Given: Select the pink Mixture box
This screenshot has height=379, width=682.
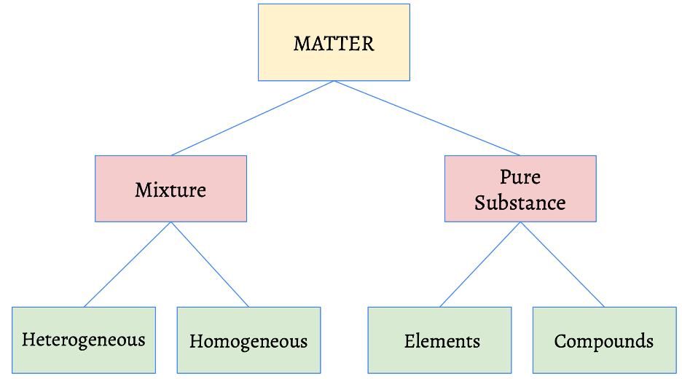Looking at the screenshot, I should (170, 208).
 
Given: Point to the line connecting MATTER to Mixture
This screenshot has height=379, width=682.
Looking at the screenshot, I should (252, 118).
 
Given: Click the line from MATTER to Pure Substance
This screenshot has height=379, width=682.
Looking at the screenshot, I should (427, 118).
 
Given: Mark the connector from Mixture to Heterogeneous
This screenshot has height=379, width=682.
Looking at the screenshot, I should (128, 265).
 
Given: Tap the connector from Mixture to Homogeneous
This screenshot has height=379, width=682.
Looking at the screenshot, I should (210, 265).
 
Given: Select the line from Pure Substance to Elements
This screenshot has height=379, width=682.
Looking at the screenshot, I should (480, 265).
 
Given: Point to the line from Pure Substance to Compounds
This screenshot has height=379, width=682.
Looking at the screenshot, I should (562, 265).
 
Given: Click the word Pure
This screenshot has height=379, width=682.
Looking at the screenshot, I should (520, 177).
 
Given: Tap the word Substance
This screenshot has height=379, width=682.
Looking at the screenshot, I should (520, 202).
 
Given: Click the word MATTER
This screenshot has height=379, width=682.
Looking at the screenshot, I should (334, 44).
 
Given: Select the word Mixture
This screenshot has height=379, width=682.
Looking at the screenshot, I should (170, 190).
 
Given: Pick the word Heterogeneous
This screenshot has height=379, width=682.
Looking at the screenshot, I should (84, 340).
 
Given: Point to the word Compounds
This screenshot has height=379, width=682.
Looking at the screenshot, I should (604, 341).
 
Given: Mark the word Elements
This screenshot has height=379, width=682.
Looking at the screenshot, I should (442, 341).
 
